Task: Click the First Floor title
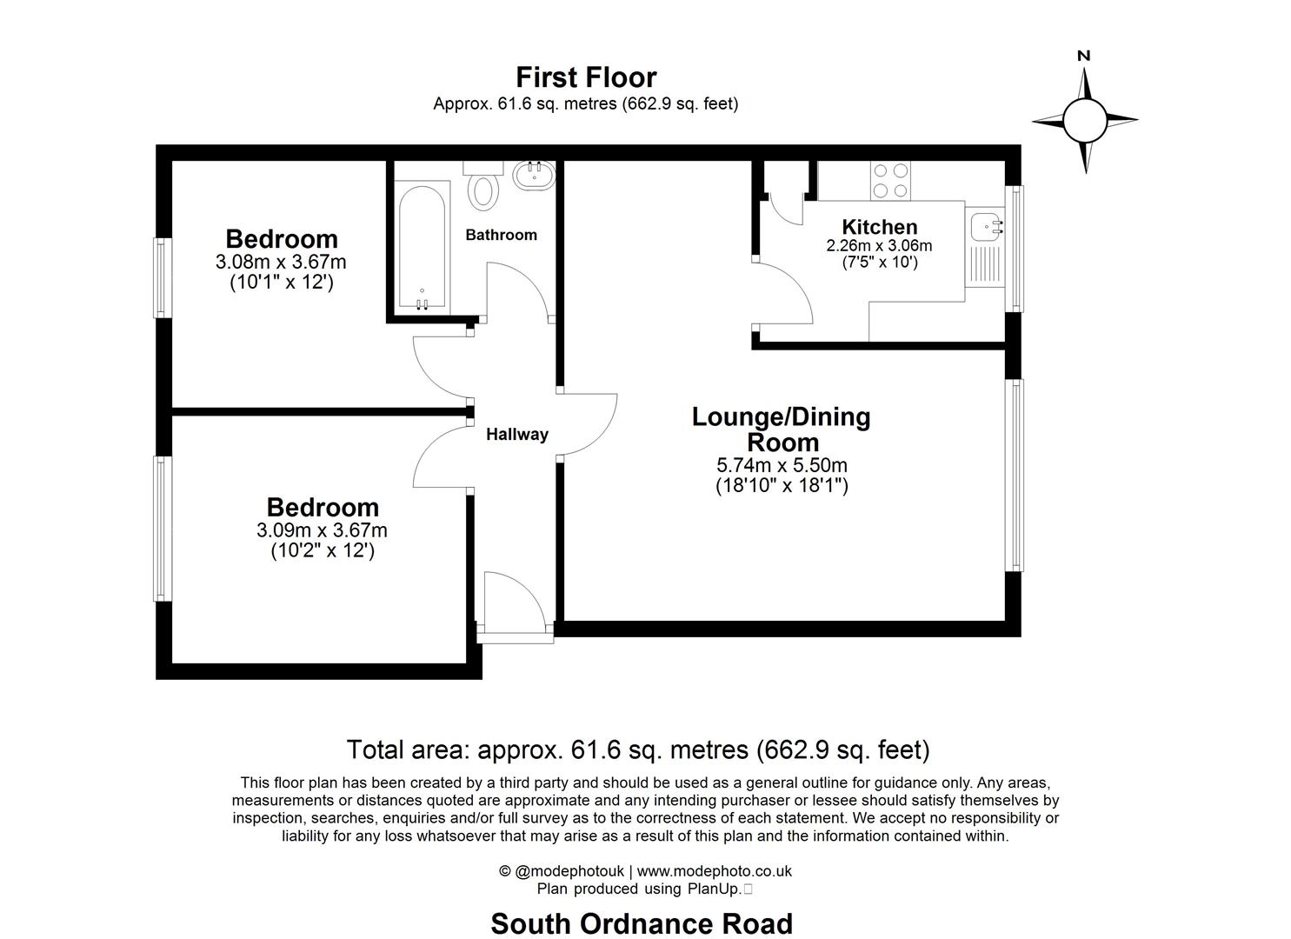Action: pyautogui.click(x=586, y=77)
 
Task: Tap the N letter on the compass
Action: pyautogui.click(x=1083, y=56)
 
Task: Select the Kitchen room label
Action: pyautogui.click(x=879, y=227)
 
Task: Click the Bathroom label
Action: pyautogui.click(x=501, y=235)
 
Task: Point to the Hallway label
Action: pyautogui.click(x=516, y=435)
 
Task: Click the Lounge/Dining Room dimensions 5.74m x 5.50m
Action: pyautogui.click(x=781, y=466)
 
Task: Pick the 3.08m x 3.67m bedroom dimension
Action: pyautogui.click(x=281, y=262)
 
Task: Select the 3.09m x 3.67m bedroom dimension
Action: pyautogui.click(x=322, y=530)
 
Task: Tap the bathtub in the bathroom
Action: pyautogui.click(x=422, y=246)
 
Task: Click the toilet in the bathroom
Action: pyautogui.click(x=483, y=188)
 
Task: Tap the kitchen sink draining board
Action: pyautogui.click(x=985, y=265)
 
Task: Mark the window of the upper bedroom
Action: pyautogui.click(x=162, y=277)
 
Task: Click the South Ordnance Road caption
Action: pyautogui.click(x=642, y=923)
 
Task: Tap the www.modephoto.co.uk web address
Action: pyautogui.click(x=714, y=871)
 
